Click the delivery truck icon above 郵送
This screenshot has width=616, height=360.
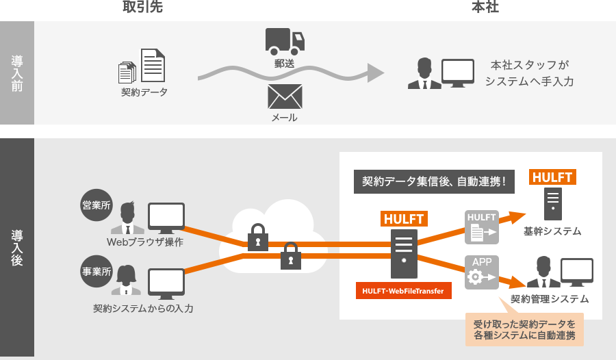(284, 41)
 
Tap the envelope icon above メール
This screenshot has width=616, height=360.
(285, 97)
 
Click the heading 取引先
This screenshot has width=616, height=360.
(143, 8)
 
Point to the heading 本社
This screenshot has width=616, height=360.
(483, 8)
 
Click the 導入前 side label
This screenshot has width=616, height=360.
(17, 73)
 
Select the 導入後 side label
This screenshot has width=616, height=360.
(17, 247)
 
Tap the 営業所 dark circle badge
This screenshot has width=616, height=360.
(97, 205)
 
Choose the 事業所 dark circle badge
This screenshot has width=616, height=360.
(97, 271)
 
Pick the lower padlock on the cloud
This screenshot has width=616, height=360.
(290, 255)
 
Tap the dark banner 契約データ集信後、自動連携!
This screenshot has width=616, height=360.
(433, 182)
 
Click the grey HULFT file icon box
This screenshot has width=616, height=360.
(482, 227)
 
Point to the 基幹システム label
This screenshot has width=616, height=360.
(552, 231)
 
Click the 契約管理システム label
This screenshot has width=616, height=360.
(549, 299)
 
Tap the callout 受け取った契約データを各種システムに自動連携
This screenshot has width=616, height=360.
(524, 330)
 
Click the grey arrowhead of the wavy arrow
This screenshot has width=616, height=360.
(374, 73)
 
